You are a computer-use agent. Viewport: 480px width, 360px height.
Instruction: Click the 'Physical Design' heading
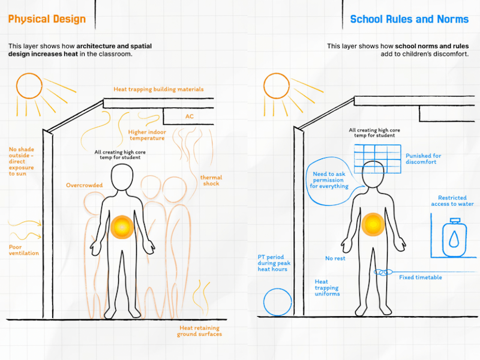click(47, 19)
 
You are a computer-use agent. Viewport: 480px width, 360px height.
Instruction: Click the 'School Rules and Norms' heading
click(409, 19)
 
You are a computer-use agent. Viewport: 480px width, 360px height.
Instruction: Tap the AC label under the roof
click(190, 116)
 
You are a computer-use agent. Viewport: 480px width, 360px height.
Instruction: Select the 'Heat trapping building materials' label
click(158, 89)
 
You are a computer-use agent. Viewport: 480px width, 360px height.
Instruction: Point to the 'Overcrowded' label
click(84, 185)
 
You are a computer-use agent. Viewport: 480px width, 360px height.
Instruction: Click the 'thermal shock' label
click(211, 181)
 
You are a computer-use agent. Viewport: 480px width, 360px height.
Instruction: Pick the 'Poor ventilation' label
click(23, 250)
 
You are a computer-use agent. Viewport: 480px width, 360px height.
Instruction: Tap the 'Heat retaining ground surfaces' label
click(199, 331)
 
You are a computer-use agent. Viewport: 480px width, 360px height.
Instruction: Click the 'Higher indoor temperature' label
click(147, 135)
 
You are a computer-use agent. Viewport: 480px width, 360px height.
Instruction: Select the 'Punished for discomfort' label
click(424, 159)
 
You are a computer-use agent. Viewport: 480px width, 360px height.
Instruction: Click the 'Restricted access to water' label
click(452, 201)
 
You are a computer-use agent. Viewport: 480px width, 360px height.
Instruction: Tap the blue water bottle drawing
click(455, 237)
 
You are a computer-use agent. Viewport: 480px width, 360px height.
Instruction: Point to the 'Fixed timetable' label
click(421, 277)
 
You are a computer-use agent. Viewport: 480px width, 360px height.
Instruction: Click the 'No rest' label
click(335, 259)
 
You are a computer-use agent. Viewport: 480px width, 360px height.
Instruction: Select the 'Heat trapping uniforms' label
click(327, 288)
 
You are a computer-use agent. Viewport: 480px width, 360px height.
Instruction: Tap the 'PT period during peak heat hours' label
click(274, 263)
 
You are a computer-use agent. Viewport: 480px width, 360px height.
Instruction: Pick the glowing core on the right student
click(373, 224)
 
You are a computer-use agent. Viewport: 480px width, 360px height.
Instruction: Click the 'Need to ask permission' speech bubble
click(307, 184)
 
